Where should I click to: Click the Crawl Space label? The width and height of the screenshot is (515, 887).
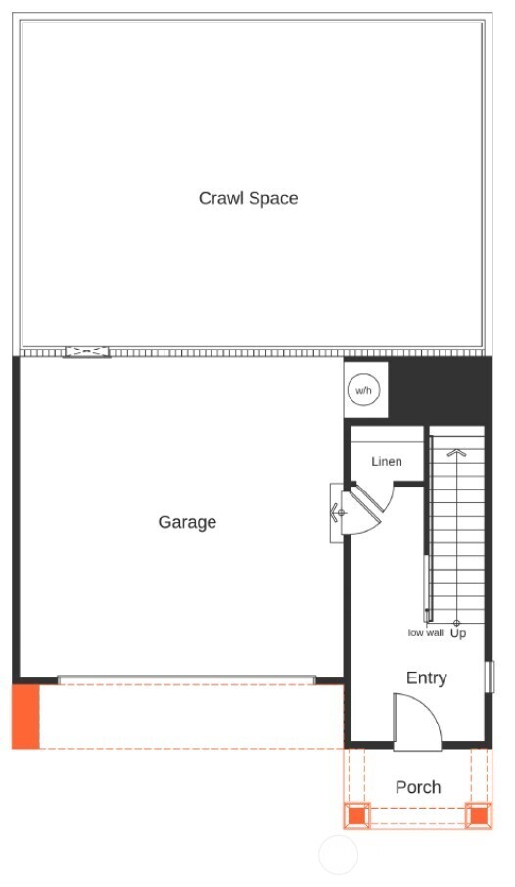click(248, 198)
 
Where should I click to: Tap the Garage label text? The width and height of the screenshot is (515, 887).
click(187, 522)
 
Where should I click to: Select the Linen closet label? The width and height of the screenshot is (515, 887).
click(387, 461)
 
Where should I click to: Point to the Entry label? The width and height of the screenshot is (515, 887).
click(426, 677)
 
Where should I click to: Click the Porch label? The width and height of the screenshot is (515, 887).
click(418, 787)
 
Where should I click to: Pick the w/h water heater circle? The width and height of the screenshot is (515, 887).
click(364, 391)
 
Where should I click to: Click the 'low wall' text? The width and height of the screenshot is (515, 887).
click(426, 633)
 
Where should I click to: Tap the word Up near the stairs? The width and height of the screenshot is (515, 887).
click(458, 633)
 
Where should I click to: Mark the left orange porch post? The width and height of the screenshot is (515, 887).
click(357, 814)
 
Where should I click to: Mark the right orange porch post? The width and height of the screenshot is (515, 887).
click(478, 814)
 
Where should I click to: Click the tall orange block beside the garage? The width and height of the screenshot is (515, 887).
click(25, 717)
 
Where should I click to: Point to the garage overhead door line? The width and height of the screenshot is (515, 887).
click(186, 679)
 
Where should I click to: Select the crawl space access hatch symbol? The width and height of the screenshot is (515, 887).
click(87, 351)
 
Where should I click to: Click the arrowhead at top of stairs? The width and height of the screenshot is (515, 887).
click(456, 453)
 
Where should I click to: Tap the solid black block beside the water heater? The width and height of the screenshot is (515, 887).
click(440, 391)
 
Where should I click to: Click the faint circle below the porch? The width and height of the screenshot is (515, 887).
click(339, 855)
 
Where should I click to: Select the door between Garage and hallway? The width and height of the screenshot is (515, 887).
click(337, 511)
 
